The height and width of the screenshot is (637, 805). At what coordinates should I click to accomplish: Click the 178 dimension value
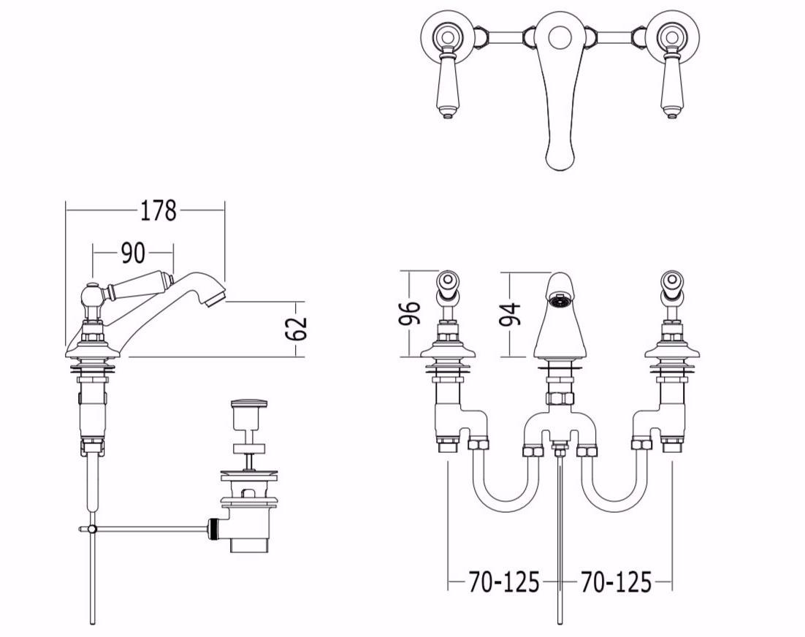tap(159, 210)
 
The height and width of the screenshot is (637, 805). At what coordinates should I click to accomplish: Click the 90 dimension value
tap(133, 253)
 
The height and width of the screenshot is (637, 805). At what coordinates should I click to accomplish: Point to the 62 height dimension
tap(297, 329)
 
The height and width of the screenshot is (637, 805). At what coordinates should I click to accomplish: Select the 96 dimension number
tap(410, 313)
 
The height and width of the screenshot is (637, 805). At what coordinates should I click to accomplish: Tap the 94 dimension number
tap(511, 314)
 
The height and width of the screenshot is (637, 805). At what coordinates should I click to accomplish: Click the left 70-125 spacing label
tap(503, 582)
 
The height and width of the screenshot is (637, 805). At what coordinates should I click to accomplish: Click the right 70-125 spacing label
tap(616, 582)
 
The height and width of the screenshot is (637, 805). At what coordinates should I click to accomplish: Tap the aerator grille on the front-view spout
tap(560, 300)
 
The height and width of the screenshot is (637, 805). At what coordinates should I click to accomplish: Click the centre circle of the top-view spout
tap(560, 37)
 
